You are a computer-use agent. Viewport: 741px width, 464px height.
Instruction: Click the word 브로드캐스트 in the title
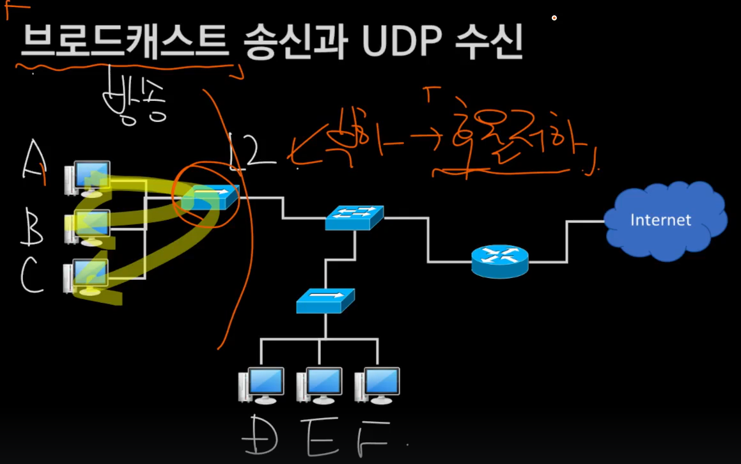124,43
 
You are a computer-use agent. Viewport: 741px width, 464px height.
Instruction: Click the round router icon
500,261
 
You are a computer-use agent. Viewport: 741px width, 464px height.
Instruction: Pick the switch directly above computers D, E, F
325,300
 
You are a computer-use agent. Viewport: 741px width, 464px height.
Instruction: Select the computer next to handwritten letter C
86,276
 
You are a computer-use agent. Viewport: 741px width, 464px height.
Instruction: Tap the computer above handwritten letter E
319,385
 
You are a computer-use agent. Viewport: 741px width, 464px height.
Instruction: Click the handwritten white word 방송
134,105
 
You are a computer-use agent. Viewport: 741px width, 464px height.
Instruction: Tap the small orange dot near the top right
554,18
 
